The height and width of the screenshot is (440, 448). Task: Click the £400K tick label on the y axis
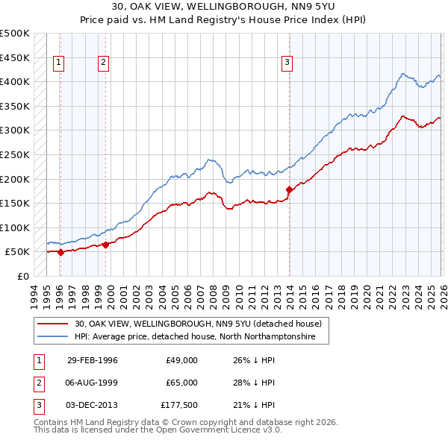15,81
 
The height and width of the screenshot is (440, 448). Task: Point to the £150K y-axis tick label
15,203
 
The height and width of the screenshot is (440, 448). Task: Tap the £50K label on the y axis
18,252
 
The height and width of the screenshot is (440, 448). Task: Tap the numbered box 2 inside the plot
104,63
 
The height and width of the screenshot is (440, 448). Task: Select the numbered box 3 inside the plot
287,63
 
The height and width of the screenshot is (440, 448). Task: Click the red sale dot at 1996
60,252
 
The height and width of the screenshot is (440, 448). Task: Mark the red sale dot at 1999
105,244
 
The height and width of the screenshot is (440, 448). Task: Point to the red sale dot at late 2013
288,189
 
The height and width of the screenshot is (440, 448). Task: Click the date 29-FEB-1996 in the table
92,360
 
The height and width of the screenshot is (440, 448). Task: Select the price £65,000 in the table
181,383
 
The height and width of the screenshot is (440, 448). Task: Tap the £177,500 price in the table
178,405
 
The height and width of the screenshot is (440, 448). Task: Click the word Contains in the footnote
52,422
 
